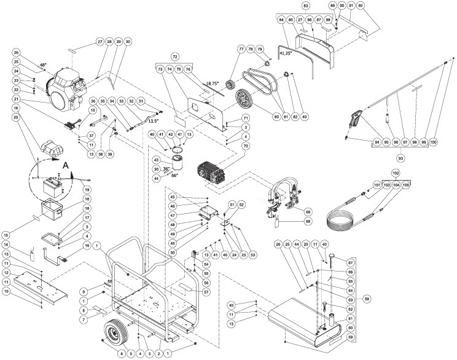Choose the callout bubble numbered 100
(434, 141)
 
